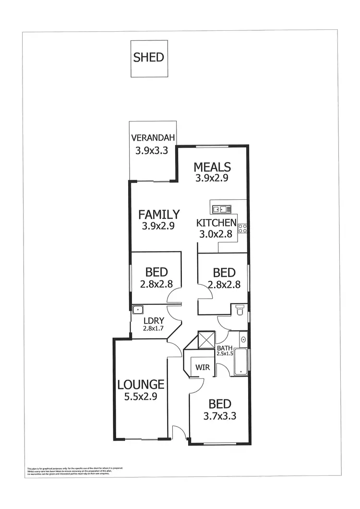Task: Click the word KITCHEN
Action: click(216, 223)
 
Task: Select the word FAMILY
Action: click(159, 214)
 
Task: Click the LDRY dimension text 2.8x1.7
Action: click(154, 329)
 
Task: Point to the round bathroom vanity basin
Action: click(243, 340)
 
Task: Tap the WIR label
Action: click(201, 369)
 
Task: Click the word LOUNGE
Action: click(141, 384)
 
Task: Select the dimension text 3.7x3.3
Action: click(220, 416)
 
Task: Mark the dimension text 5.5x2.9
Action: click(141, 397)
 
